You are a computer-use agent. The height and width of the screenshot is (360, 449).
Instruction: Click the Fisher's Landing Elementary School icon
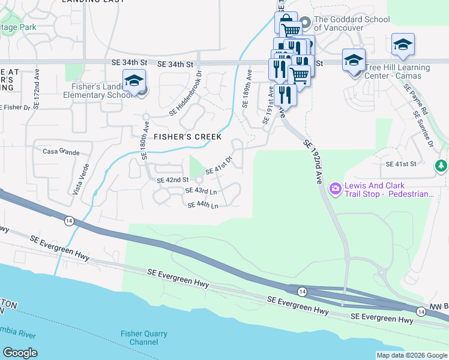tap(134, 82)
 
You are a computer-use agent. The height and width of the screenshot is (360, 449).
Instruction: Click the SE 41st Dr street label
tap(219, 166)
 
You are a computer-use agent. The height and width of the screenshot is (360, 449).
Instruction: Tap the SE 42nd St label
tap(173, 180)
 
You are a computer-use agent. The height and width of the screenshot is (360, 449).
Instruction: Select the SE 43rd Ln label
tap(201, 191)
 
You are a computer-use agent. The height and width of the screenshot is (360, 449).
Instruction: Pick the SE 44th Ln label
tap(202, 205)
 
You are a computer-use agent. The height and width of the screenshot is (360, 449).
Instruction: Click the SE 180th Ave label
tap(145, 140)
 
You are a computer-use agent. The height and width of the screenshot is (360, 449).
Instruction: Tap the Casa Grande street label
tap(61, 152)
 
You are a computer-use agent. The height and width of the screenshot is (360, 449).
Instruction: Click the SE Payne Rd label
tap(416, 98)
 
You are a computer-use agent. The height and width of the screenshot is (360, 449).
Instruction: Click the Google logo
tap(20, 353)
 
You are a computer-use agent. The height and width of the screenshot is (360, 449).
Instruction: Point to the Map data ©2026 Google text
tap(412, 355)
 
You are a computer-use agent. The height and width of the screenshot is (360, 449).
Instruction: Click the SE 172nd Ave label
tap(37, 90)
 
